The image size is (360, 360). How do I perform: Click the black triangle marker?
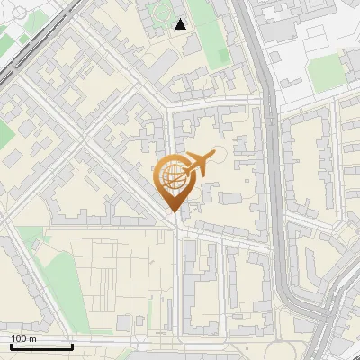(x=181, y=24)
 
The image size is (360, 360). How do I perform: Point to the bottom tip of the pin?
(x=173, y=212)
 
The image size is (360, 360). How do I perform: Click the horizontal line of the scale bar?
(x=40, y=346)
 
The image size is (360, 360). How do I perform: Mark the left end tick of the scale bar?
(x=10, y=345)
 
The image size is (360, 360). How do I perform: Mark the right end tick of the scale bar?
(x=72, y=345)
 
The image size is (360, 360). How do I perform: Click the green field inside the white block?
(x=326, y=72)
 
